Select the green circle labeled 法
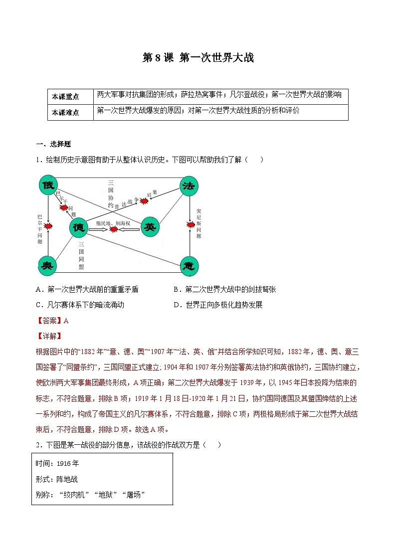(x=189, y=186)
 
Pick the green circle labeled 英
(x=150, y=227)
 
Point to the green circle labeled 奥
(x=48, y=265)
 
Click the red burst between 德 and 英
(x=114, y=229)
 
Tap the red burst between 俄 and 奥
(x=48, y=226)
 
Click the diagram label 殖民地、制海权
(x=113, y=223)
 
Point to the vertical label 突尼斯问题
(x=198, y=223)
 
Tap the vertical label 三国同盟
(x=81, y=256)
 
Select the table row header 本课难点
(x=65, y=113)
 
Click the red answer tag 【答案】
(x=50, y=321)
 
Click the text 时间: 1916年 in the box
(x=57, y=463)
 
